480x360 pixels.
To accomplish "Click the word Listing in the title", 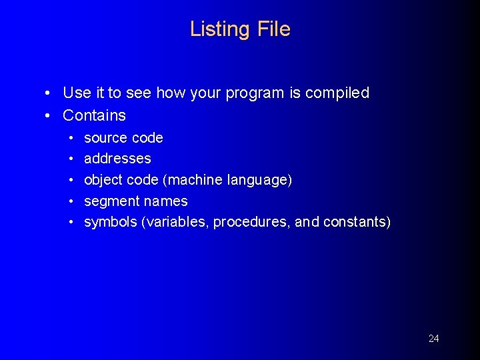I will click(x=217, y=29).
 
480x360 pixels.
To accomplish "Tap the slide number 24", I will click(x=433, y=339).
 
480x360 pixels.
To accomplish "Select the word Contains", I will click(x=94, y=115).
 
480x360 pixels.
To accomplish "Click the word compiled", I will click(x=337, y=93).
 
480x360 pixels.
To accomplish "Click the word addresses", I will click(x=117, y=159).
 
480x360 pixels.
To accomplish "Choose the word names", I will click(x=166, y=201).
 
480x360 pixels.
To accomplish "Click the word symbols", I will click(x=110, y=222).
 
